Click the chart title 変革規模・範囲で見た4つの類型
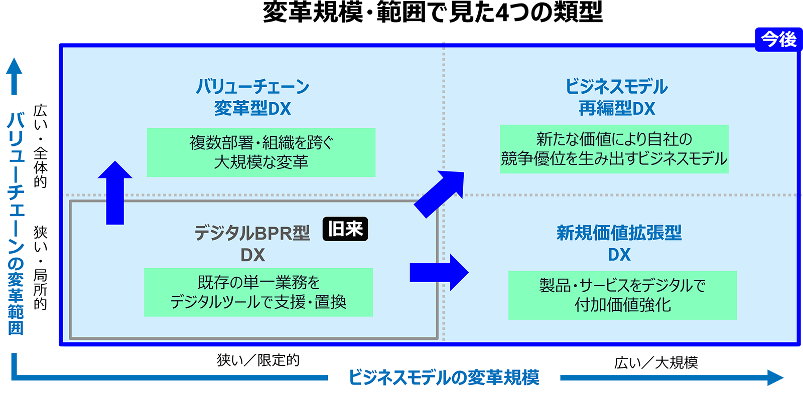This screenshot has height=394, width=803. coord(433,13)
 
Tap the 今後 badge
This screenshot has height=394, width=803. coord(778,39)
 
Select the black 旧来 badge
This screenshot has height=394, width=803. coord(345,229)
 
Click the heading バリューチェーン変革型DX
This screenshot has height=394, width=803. coord(252,97)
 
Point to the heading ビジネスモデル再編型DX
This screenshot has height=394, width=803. coord(617,97)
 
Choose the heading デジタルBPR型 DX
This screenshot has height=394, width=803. coord(252,244)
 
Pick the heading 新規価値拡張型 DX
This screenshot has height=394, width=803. coord(619,243)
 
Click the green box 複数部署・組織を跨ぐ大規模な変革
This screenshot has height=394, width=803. coord(261,152)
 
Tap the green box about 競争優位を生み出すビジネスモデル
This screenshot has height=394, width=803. coord(614,149)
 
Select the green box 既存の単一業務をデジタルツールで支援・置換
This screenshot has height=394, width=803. coord(258,292)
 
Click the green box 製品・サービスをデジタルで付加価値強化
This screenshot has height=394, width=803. coord(622,295)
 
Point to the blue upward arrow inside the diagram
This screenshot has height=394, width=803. coord(115,192)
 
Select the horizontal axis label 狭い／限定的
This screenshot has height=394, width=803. coord(258,360)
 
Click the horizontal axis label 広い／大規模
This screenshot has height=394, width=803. coord(656,362)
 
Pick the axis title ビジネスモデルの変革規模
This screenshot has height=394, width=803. coord(444,377)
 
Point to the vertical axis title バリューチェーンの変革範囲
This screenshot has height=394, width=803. coord(16,223)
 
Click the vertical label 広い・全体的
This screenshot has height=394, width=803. coord(40,146)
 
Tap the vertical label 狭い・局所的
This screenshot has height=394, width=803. coord(40,268)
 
